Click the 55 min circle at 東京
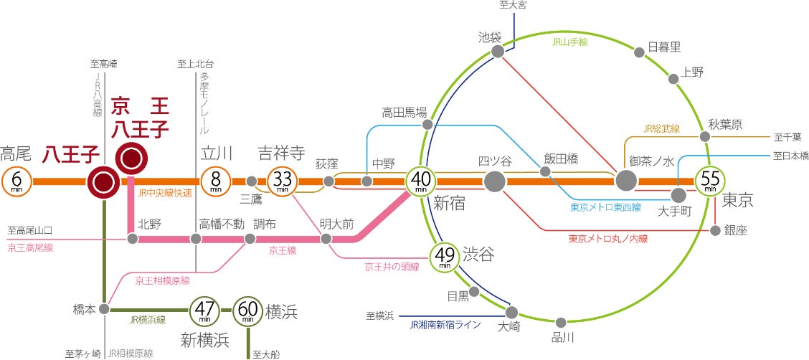tap(710, 181)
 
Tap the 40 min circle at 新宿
tap(421, 181)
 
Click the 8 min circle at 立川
tap(215, 181)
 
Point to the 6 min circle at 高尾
tap(17, 181)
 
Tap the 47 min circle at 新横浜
tap(204, 310)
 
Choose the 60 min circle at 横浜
tap(248, 310)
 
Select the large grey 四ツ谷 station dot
tap(494, 181)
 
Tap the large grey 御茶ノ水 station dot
tap(626, 181)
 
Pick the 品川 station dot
tap(562, 323)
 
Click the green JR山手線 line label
tap(570, 43)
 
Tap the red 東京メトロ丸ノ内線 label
tap(607, 239)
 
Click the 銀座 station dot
tap(715, 230)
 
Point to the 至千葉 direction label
tap(788, 136)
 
